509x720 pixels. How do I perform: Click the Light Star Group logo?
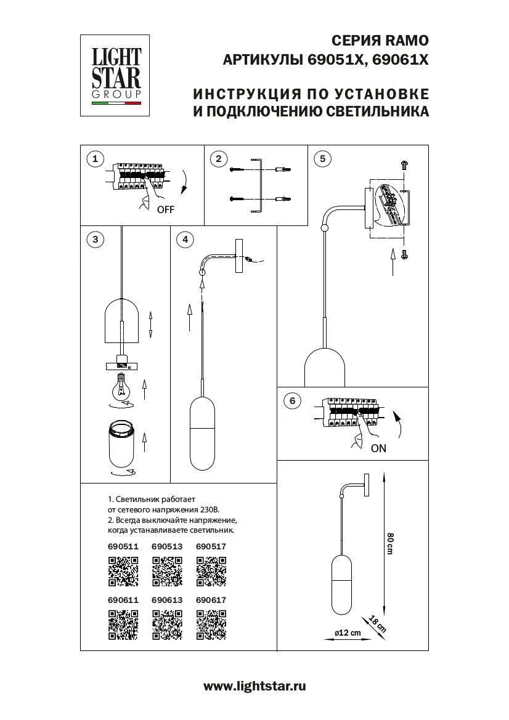coord(116,75)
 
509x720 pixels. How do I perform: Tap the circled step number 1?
coord(94,160)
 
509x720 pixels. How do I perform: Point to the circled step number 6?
coord(292,401)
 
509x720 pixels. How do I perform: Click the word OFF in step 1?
coord(166,209)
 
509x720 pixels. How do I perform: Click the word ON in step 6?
coord(378,448)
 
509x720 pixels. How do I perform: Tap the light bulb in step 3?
coord(121,387)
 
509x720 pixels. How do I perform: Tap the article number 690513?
coord(166,546)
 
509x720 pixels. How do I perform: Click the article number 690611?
coord(123,599)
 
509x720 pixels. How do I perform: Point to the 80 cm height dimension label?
coord(389,543)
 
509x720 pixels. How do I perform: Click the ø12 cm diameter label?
coord(347,634)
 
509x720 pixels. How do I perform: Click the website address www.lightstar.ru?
coord(254,686)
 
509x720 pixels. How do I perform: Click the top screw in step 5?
coord(404,164)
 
